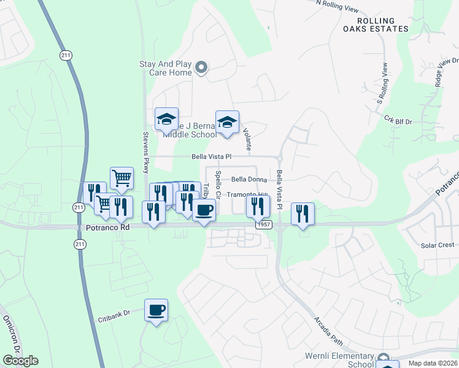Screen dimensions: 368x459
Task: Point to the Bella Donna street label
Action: point(250,180)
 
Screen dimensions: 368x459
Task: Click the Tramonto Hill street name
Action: point(247,194)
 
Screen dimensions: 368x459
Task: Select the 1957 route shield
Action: point(264,225)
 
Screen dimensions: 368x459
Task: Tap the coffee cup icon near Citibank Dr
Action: point(156,310)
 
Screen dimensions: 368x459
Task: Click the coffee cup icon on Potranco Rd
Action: point(204,210)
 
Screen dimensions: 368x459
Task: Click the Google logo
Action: point(20,361)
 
